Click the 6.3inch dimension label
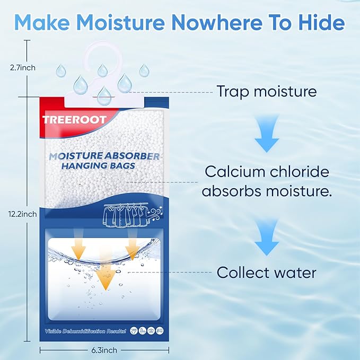103,350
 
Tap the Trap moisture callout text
266,91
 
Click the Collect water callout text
266,273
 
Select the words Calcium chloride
267,172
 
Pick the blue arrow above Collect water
266,238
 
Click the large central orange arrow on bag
107,276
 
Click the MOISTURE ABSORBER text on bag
104,157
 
